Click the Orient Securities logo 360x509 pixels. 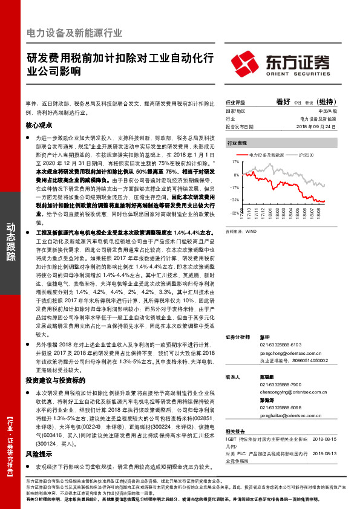(281, 62)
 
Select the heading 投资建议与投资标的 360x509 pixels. (56, 380)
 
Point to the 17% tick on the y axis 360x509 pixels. (235, 162)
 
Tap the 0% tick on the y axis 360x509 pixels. (235, 175)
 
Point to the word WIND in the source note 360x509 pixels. (248, 231)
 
